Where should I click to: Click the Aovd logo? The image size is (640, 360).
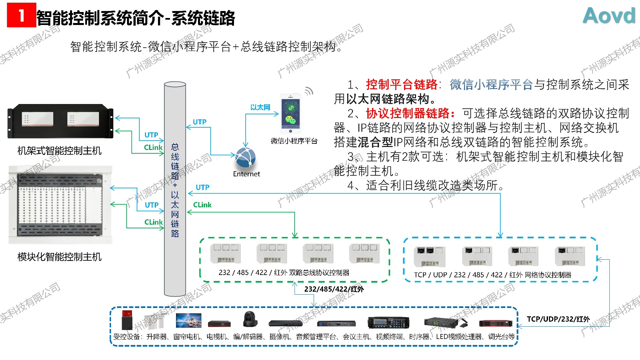(609, 15)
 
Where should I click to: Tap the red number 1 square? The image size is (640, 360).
(21, 15)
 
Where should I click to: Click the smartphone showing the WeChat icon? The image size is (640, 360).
(290, 113)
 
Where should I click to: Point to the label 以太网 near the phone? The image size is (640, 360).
(260, 107)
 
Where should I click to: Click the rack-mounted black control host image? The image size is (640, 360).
(60, 121)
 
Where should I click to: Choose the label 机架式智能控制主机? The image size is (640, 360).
(59, 151)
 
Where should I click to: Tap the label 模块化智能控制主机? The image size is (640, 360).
(59, 257)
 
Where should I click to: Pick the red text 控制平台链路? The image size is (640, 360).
(401, 85)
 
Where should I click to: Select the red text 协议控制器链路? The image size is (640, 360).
(410, 114)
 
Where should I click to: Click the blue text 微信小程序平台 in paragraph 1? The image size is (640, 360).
(491, 85)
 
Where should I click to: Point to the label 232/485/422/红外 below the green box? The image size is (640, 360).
(334, 289)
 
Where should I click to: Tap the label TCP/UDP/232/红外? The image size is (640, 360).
(558, 319)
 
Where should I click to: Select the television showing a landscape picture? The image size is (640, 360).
(189, 320)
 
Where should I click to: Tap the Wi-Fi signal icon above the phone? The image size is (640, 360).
(309, 91)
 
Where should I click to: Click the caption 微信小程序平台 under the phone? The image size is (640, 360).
(294, 141)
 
